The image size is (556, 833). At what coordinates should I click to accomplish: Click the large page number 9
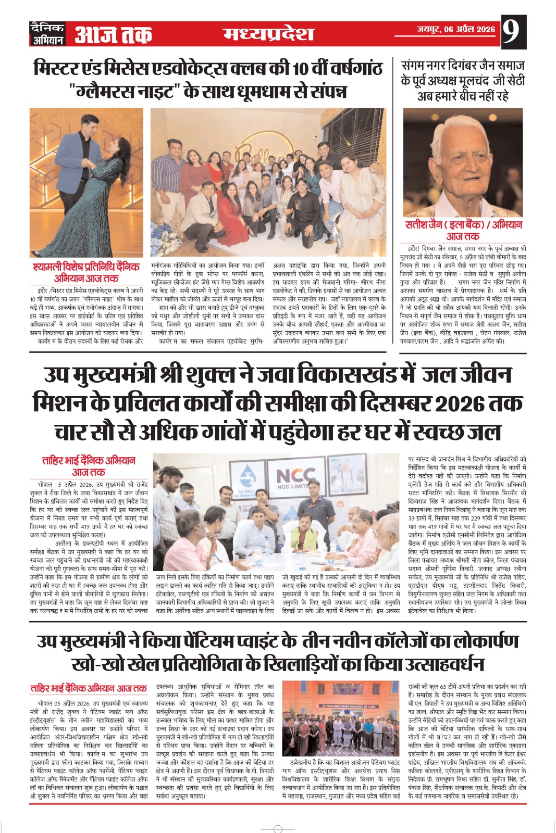[x=512, y=33]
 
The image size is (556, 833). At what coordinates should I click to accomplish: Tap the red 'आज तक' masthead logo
[x=113, y=34]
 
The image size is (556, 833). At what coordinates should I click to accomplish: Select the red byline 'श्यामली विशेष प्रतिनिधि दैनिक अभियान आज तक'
[x=86, y=272]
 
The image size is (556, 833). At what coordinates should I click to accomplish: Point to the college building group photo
[x=341, y=712]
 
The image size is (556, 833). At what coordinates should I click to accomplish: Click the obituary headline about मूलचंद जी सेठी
[x=463, y=81]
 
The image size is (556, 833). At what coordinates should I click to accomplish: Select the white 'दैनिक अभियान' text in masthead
[x=47, y=34]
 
